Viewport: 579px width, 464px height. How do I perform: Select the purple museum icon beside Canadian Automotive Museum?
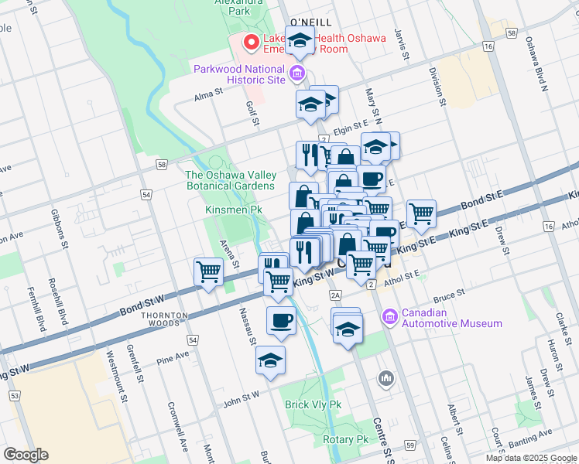(x=389, y=316)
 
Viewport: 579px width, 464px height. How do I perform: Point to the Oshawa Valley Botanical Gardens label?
(x=230, y=180)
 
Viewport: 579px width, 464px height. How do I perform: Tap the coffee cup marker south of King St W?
(x=282, y=319)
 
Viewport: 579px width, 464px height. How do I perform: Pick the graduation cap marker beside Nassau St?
(x=270, y=360)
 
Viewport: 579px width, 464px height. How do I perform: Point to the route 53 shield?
(x=14, y=396)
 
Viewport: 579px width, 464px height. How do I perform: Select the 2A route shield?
(x=335, y=295)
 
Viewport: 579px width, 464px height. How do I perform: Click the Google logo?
(x=26, y=455)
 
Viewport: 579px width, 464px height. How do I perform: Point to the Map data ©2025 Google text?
(x=531, y=458)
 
